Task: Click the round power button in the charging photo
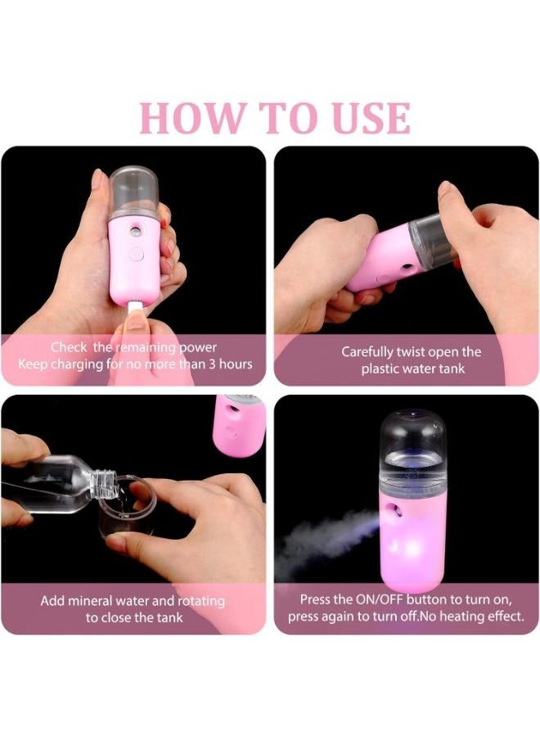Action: click(x=136, y=255)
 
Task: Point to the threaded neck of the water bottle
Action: click(x=102, y=484)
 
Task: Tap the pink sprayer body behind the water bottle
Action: click(x=239, y=426)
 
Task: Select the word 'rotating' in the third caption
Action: click(x=200, y=602)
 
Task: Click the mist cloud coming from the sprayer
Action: click(x=324, y=540)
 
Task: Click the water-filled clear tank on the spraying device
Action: click(x=412, y=453)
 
